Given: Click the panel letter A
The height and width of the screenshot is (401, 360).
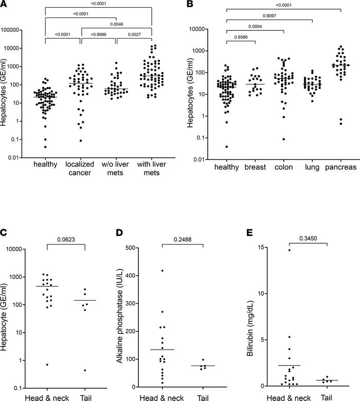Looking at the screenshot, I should [5, 6].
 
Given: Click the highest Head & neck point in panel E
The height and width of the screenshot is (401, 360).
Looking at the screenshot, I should [289, 250].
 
